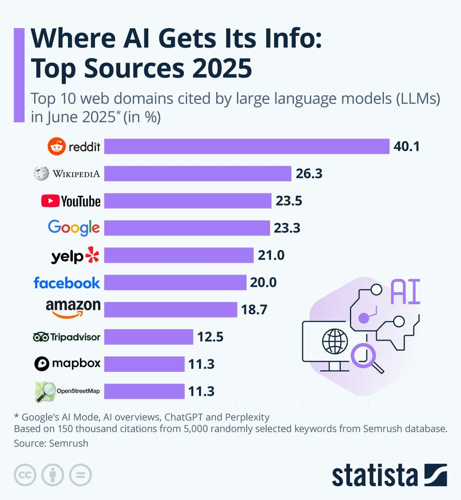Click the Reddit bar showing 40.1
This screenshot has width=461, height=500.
(x=247, y=146)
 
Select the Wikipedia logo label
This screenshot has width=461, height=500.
(x=67, y=174)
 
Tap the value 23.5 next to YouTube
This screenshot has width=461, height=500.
(x=289, y=201)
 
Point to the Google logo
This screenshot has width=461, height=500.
(x=74, y=228)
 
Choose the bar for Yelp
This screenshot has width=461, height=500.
(x=179, y=255)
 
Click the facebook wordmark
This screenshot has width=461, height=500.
(x=67, y=282)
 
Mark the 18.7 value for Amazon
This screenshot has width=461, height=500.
(x=254, y=309)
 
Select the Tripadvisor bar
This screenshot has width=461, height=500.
(x=149, y=337)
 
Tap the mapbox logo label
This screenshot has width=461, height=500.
(x=67, y=364)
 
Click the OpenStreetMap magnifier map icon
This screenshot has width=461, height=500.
(x=44, y=391)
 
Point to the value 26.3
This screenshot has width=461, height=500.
(x=309, y=174)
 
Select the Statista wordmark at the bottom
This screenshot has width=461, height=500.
(x=375, y=475)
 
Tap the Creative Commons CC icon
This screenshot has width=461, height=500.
(x=25, y=475)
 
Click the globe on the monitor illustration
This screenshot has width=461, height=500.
(x=335, y=341)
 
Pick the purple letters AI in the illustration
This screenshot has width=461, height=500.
(x=405, y=292)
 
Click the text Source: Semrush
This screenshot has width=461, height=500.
(x=51, y=443)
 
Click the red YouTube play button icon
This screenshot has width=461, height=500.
(x=50, y=201)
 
